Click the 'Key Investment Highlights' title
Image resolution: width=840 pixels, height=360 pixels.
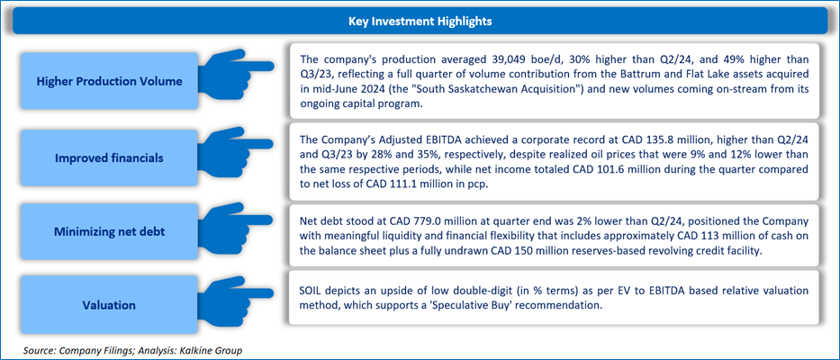tap(420, 20)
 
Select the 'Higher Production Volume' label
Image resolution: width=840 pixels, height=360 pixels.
tap(109, 81)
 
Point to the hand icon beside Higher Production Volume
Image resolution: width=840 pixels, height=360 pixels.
tap(235, 70)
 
